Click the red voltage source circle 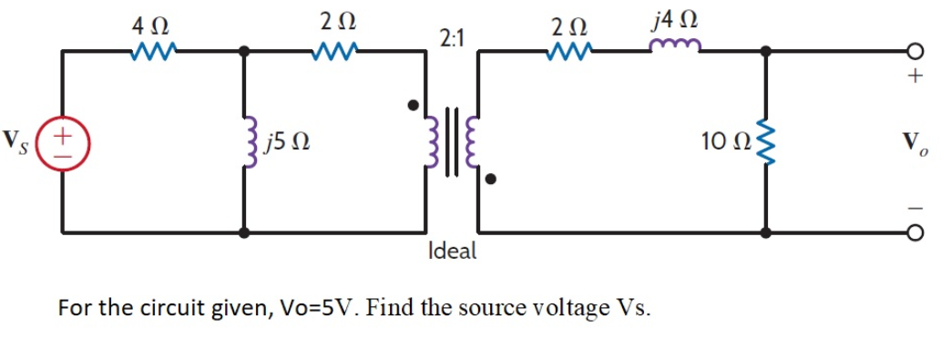(x=62, y=142)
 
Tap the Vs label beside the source (x=17, y=141)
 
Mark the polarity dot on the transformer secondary (x=490, y=180)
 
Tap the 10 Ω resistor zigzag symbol (x=765, y=142)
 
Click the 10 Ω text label (x=725, y=142)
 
